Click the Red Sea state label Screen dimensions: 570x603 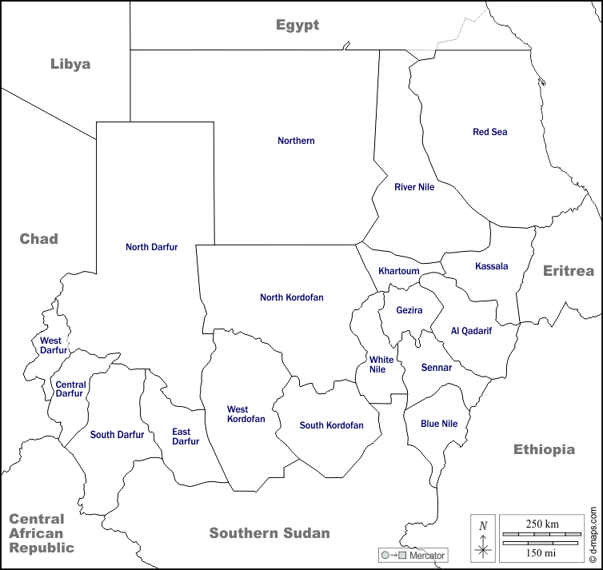490,132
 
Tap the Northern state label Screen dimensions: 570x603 296,141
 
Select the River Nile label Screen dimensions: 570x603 414,187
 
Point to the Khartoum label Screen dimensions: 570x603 399,271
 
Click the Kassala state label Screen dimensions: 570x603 491,266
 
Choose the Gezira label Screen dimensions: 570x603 409,310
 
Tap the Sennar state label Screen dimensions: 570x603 437,368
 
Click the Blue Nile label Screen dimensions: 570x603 439,424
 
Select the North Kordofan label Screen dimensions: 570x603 292,297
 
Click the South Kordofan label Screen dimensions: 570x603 331,425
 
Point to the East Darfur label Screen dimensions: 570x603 186,436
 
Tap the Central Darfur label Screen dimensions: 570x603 70,389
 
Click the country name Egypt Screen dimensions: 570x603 298,25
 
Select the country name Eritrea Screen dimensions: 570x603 569,271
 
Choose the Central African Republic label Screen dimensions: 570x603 42,533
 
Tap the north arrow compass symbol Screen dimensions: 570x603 483,538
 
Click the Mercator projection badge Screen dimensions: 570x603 413,555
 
